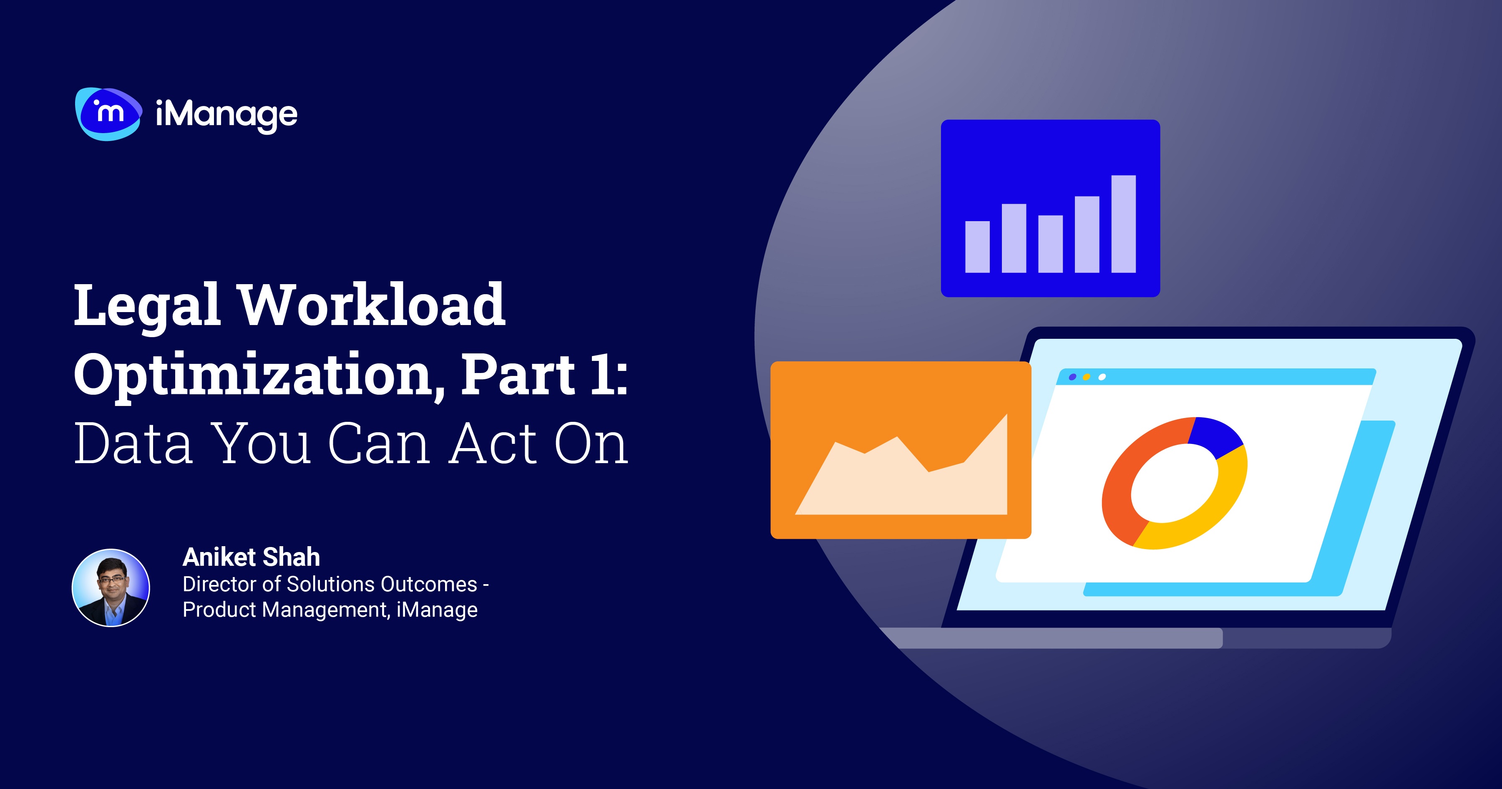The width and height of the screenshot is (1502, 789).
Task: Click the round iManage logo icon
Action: coord(108,114)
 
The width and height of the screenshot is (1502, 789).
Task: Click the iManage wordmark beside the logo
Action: coord(226,115)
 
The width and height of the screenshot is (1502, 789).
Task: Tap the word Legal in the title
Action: coord(146,305)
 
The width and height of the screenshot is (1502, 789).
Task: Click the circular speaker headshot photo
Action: coord(111,588)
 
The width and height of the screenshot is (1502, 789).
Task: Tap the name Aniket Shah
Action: coord(251,557)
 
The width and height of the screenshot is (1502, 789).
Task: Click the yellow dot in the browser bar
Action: coord(1086,377)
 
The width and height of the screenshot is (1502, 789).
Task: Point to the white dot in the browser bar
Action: coord(1102,377)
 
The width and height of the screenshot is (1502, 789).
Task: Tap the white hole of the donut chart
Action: coord(1174,483)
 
